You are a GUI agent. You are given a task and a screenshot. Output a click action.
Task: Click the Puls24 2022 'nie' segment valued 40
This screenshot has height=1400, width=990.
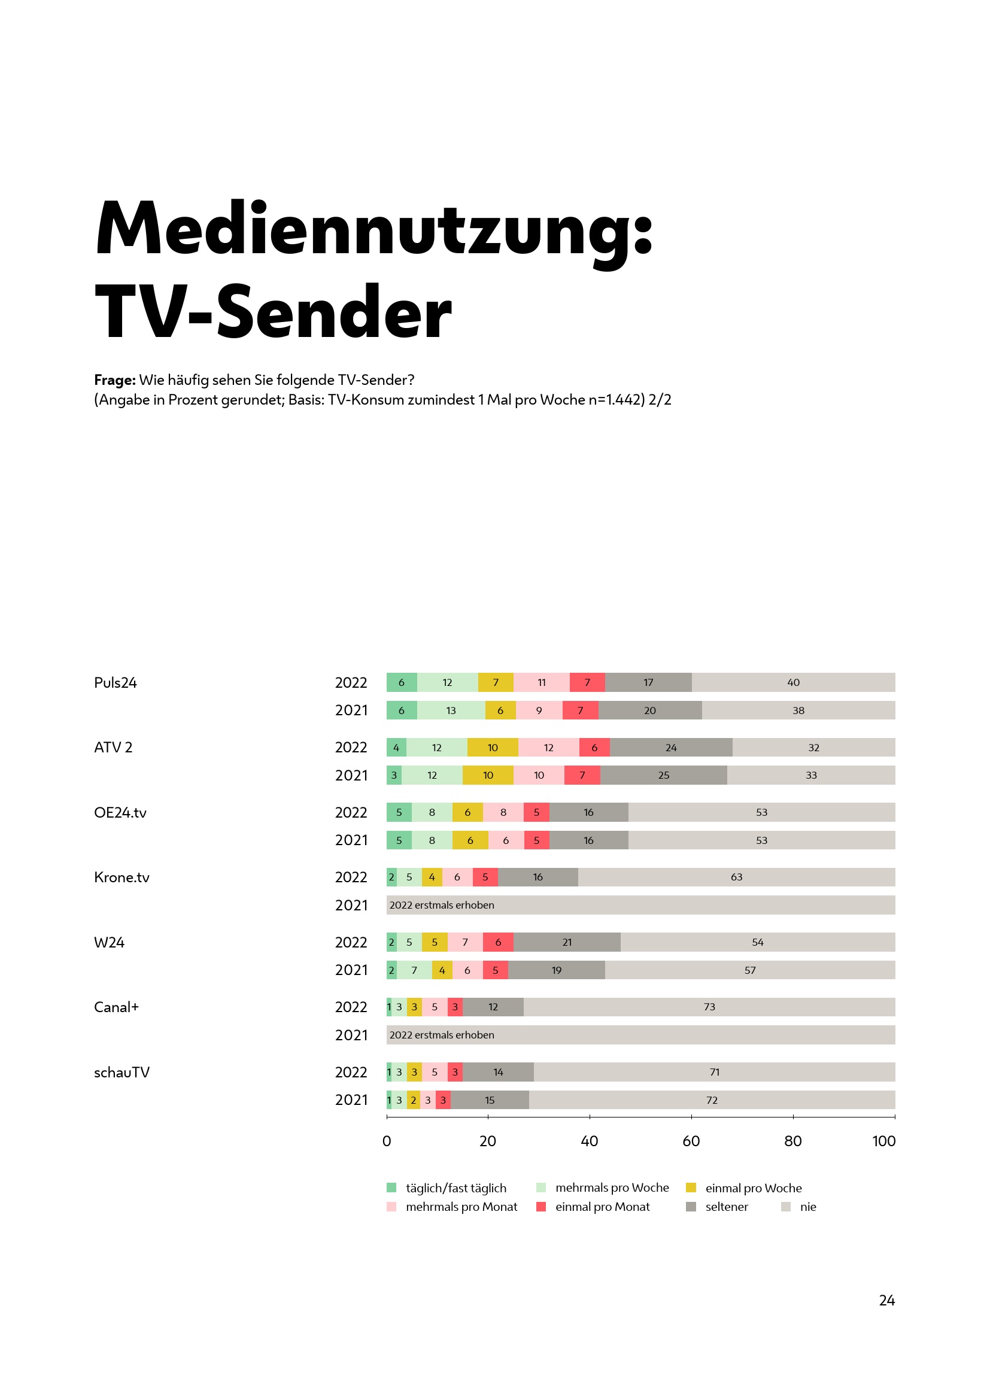pos(793,682)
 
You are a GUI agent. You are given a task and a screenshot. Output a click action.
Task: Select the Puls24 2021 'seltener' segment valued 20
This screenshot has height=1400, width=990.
pos(650,710)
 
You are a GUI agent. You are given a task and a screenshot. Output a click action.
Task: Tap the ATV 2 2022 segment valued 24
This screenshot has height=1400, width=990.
pos(670,748)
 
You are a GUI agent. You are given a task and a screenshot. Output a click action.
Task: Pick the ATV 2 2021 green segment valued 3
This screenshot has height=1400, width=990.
pos(394,776)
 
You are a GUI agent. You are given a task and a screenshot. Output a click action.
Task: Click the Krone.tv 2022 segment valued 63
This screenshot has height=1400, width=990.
pos(736,877)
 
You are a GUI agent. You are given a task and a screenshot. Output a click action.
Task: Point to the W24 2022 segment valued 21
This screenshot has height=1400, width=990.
pos(567,942)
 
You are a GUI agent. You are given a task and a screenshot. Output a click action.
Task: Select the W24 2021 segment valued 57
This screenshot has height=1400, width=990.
pos(750,970)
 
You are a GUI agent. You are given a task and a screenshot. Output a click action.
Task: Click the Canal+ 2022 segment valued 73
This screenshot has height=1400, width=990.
pos(709,1007)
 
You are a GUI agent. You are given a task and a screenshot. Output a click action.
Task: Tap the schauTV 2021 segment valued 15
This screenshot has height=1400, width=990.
pos(490,1100)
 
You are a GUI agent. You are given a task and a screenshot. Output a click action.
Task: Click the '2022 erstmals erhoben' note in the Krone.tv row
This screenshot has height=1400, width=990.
pos(441,905)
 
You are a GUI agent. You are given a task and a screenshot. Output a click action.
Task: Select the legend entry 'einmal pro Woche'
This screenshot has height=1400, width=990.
pos(753,1188)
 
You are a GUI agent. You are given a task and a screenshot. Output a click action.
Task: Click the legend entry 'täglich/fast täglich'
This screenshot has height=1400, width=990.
pos(455,1188)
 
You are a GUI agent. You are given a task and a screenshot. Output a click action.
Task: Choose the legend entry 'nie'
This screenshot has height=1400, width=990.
pos(807,1207)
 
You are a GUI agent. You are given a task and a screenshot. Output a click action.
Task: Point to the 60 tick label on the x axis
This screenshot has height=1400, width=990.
pos(691,1141)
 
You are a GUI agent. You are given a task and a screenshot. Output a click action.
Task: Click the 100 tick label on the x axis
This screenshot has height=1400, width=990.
pos(883,1141)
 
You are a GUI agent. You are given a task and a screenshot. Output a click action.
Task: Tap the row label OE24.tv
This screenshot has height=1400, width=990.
pos(120,812)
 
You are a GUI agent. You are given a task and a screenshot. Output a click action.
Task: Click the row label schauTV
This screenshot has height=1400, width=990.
pos(122,1072)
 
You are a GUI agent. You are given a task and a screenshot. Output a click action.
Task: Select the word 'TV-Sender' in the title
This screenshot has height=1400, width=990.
pos(273,312)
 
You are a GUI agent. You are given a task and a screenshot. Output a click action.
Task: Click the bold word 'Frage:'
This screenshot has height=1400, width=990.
pos(114,380)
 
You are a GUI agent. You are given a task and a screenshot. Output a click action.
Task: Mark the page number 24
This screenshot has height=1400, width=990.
pos(886,1300)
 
